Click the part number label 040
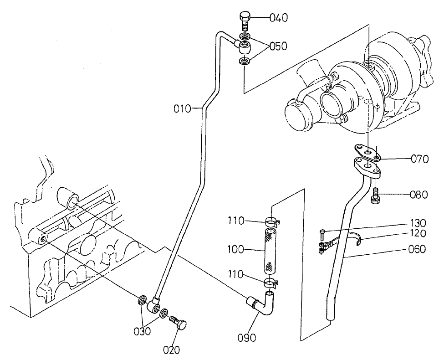point(279,18)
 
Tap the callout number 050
point(279,46)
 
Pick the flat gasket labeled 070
point(367,152)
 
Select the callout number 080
point(418,195)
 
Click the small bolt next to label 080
point(377,196)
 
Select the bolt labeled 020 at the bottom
point(178,324)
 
